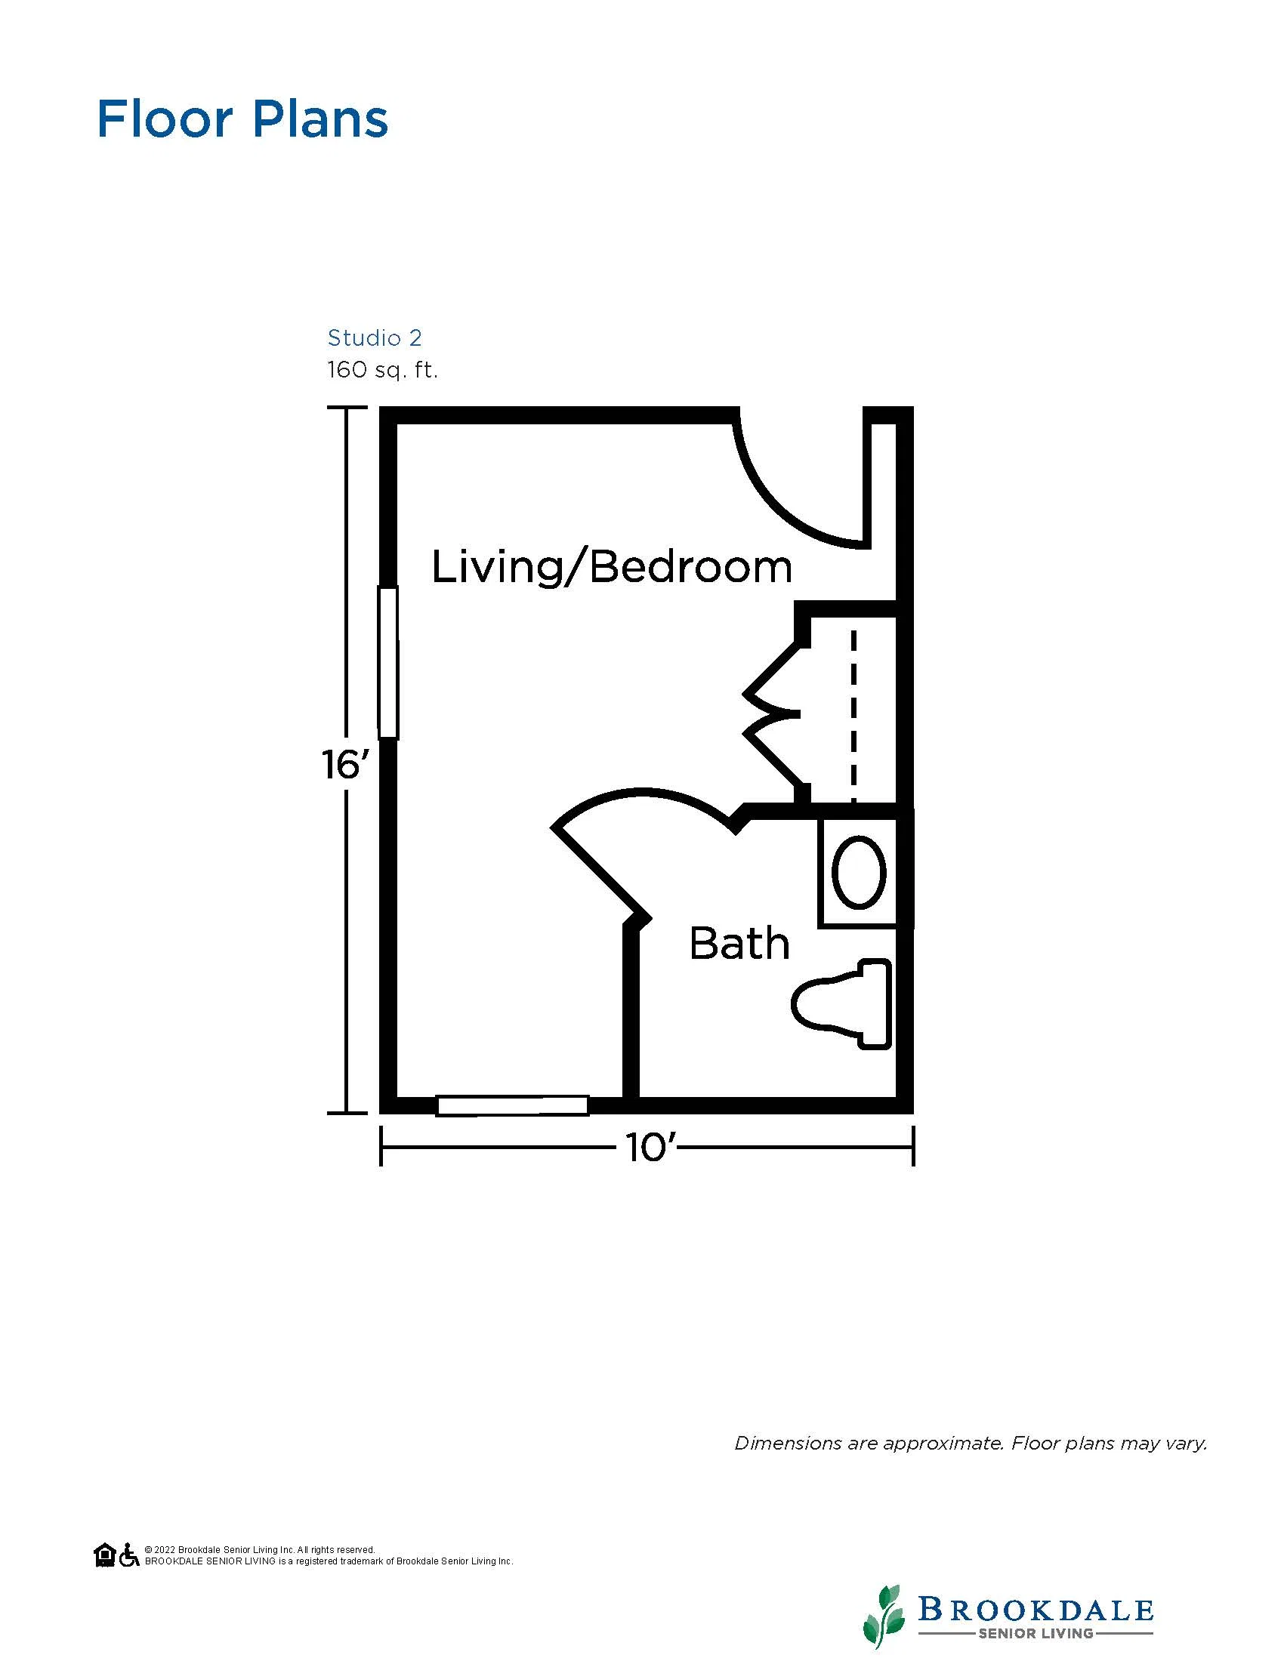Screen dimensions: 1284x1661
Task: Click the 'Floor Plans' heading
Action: [x=242, y=119]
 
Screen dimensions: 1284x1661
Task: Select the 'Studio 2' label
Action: [x=374, y=337]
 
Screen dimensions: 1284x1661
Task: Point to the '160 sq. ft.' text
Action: [x=383, y=371]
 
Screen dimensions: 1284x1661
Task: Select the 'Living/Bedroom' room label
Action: [x=613, y=568]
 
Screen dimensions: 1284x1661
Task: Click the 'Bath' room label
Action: [x=739, y=943]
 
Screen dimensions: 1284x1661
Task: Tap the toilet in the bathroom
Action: [x=841, y=1004]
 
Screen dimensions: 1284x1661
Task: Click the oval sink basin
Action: [x=860, y=871]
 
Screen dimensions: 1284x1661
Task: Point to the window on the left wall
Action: [x=388, y=661]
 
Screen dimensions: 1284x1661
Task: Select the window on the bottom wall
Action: [x=513, y=1105]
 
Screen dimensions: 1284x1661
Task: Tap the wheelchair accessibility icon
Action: [x=129, y=1555]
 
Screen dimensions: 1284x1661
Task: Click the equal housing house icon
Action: [x=104, y=1555]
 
